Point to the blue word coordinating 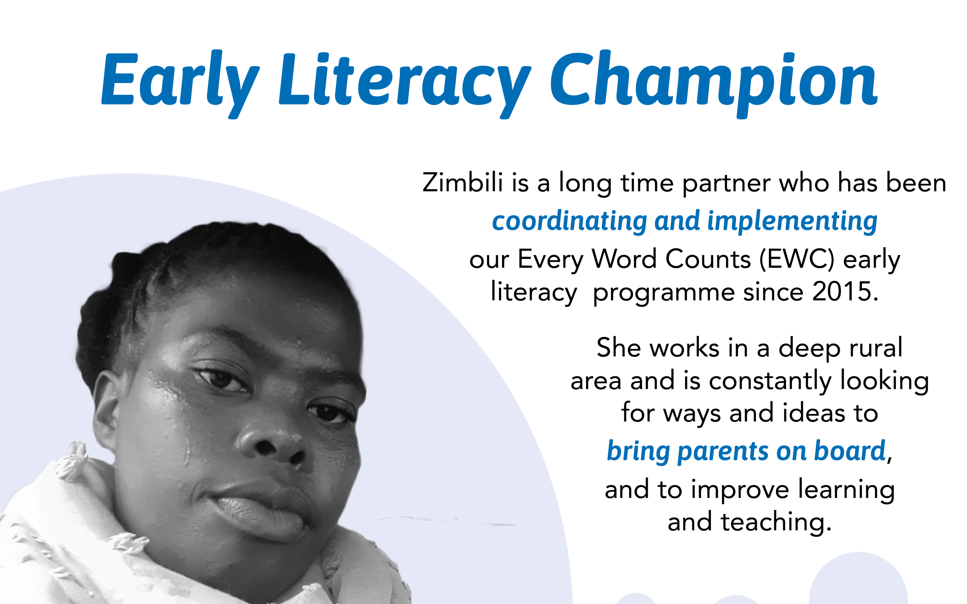569,221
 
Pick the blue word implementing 792,221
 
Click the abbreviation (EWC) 796,259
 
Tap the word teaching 776,522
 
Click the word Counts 708,259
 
